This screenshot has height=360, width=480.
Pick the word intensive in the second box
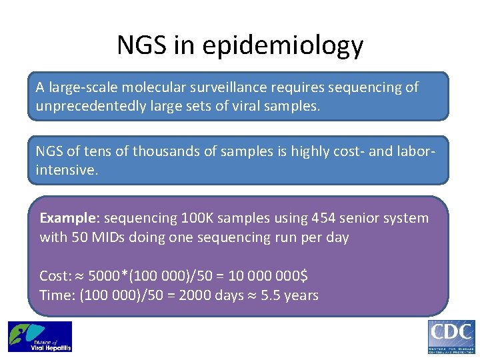click(65, 170)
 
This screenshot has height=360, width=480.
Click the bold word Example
click(68, 219)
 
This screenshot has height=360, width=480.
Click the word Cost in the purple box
click(53, 276)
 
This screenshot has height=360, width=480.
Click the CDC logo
click(451, 337)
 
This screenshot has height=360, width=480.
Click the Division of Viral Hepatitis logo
click(40, 337)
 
